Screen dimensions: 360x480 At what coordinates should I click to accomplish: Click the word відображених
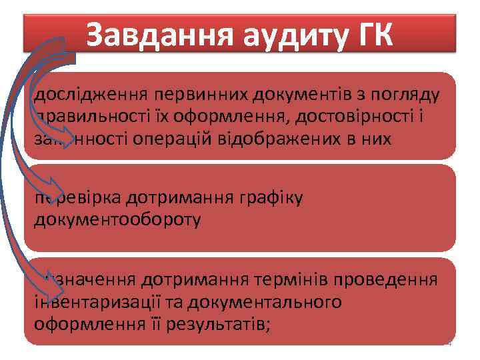pyautogui.click(x=321, y=140)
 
